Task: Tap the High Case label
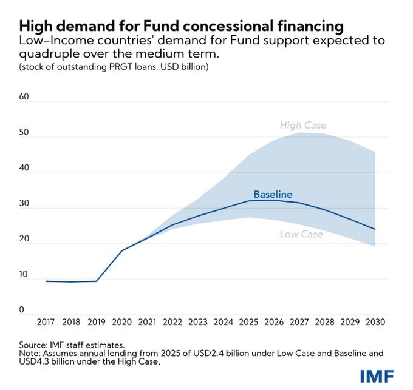[x=302, y=126]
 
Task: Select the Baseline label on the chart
[x=273, y=195]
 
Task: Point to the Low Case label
[x=301, y=234]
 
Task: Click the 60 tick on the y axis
[x=25, y=97]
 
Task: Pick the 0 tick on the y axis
[x=21, y=310]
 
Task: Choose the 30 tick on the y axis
[x=25, y=204]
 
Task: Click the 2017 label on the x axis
[x=46, y=321]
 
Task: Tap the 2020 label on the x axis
[x=122, y=321]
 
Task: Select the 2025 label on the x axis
[x=248, y=321]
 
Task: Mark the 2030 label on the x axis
[x=374, y=321]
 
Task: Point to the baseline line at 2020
[x=122, y=250]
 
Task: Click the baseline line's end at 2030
[x=375, y=229]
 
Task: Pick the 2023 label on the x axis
[x=198, y=321]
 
